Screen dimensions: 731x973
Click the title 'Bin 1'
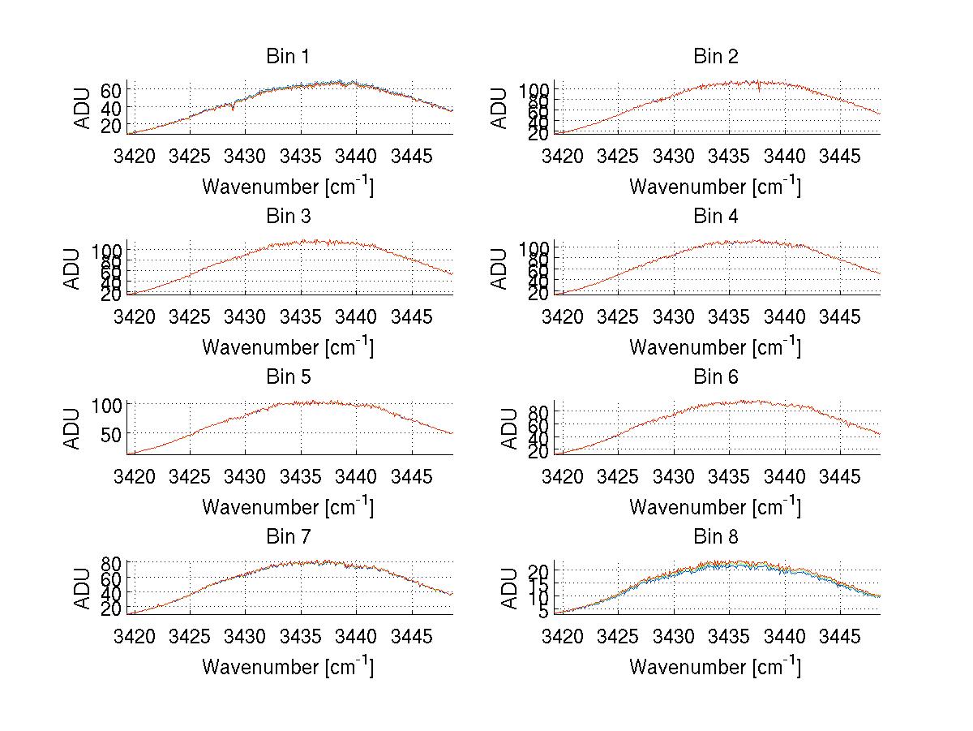click(288, 57)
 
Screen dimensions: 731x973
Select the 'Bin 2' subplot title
click(715, 57)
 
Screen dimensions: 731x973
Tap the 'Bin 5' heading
click(288, 377)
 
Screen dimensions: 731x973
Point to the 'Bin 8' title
click(715, 537)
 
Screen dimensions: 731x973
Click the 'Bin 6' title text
click(715, 377)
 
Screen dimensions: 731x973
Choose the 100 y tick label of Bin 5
click(107, 404)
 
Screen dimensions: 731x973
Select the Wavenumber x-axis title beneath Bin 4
click(715, 347)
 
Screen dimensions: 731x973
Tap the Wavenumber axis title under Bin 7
click(288, 667)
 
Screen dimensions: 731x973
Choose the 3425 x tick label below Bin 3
click(190, 316)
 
